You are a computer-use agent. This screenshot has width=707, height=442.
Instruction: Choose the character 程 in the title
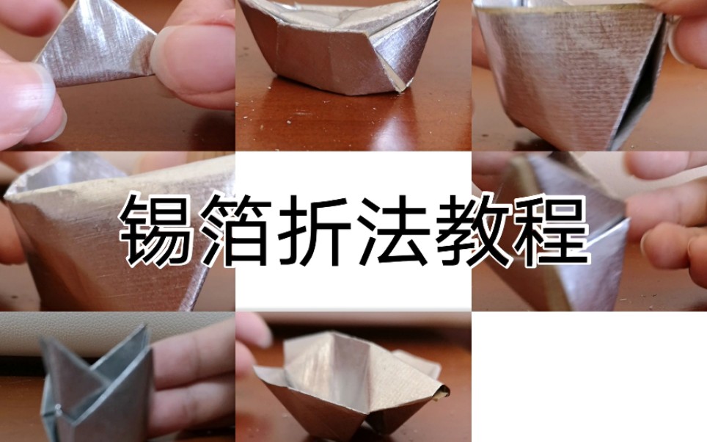551,230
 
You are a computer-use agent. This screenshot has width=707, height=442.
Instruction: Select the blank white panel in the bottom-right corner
589,377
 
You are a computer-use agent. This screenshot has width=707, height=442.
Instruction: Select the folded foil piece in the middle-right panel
568,231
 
